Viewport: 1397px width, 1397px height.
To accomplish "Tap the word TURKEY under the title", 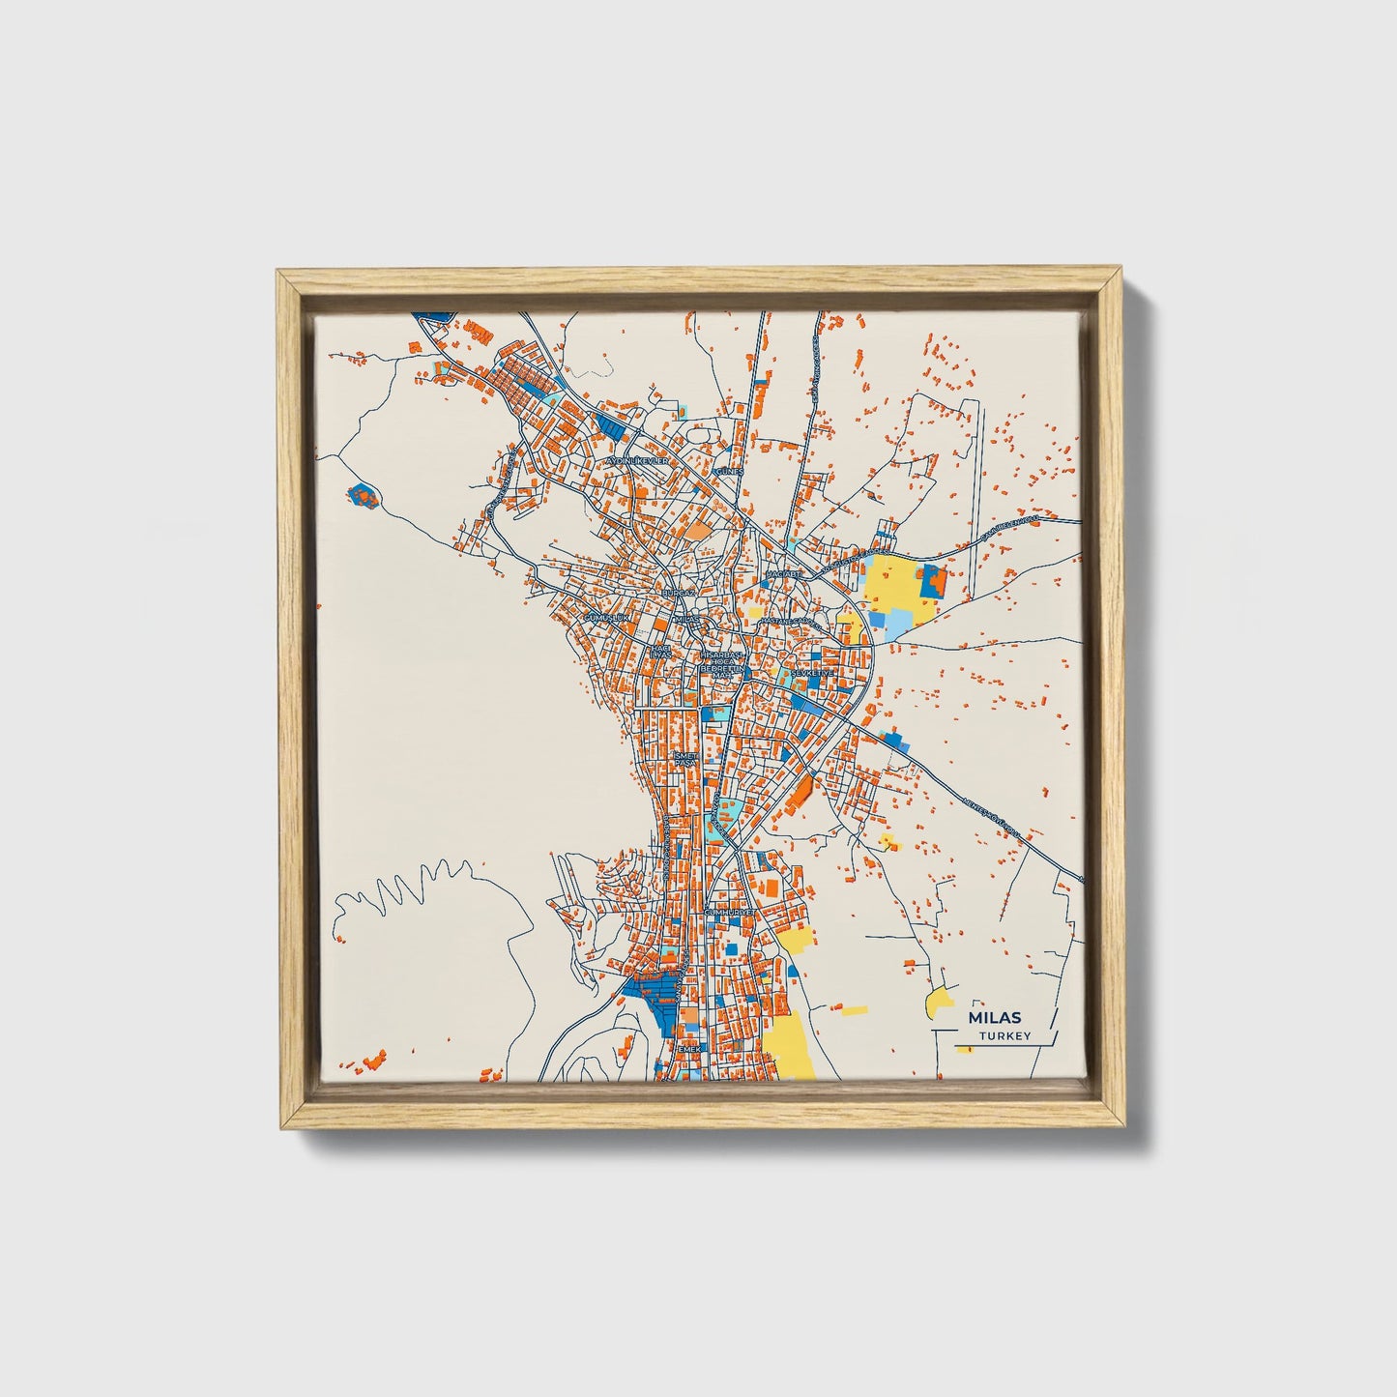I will click(x=1004, y=1036).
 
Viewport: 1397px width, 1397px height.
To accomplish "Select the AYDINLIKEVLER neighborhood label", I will click(x=637, y=461).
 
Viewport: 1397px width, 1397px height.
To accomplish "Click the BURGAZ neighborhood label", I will click(x=678, y=591).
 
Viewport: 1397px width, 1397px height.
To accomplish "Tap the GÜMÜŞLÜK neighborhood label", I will click(x=607, y=617).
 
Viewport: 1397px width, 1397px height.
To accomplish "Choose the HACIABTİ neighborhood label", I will click(x=783, y=574).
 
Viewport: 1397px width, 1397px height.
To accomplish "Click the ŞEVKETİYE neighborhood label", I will click(x=812, y=672).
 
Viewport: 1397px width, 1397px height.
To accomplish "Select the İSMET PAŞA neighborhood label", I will click(x=684, y=759).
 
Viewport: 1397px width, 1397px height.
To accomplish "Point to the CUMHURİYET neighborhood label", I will click(x=728, y=912).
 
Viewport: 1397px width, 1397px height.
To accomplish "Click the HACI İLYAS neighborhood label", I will click(x=659, y=652).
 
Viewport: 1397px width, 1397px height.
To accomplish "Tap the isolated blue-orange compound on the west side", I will click(x=363, y=495).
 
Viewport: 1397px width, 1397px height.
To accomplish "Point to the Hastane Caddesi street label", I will click(x=787, y=623).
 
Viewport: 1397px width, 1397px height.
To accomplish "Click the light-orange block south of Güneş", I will click(x=697, y=529).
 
